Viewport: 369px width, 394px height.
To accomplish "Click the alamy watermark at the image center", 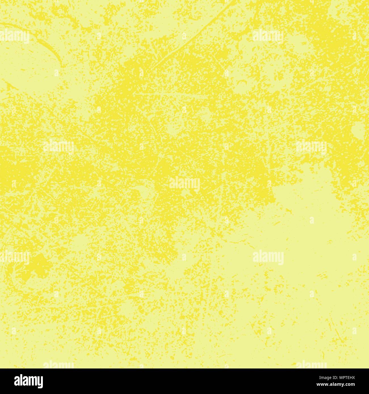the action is click(184, 184).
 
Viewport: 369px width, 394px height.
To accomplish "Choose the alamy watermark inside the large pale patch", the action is click(268, 257).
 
